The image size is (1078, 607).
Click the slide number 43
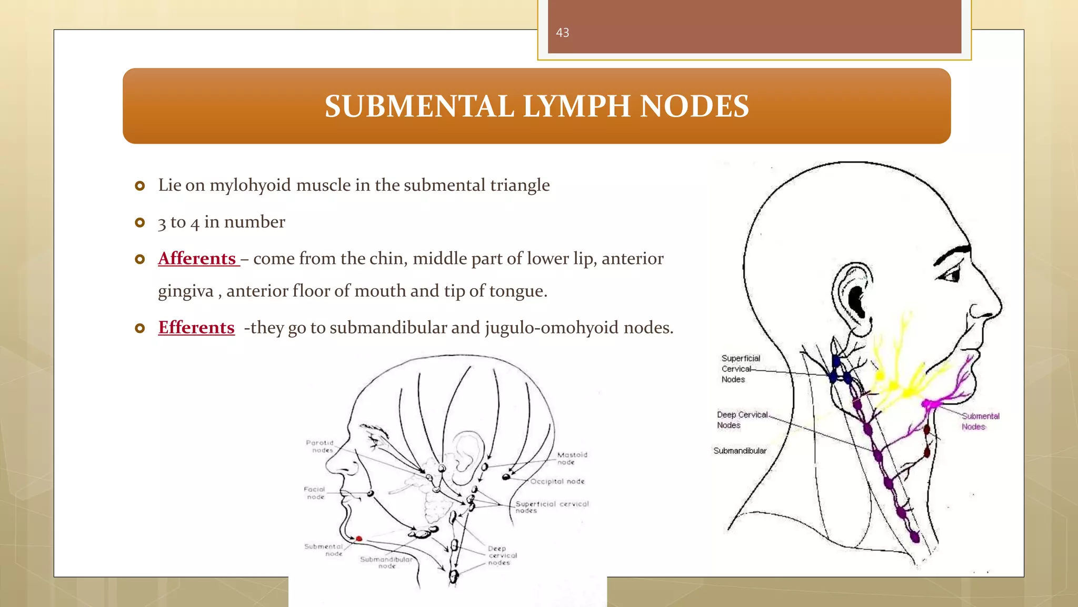pos(562,33)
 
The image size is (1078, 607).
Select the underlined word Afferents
pos(197,258)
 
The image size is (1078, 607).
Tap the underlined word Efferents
pos(196,327)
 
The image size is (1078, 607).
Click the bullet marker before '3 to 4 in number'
pos(139,222)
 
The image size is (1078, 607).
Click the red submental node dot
pos(359,539)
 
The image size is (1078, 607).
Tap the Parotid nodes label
pos(320,446)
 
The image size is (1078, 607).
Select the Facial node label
pos(315,493)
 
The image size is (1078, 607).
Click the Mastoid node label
pos(572,458)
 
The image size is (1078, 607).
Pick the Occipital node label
pos(557,481)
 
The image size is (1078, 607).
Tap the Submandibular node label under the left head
pos(386,562)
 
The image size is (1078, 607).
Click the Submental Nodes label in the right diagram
pos(980,421)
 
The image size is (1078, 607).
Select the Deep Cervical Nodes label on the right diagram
pos(741,419)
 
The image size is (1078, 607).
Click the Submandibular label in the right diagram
pos(740,451)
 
